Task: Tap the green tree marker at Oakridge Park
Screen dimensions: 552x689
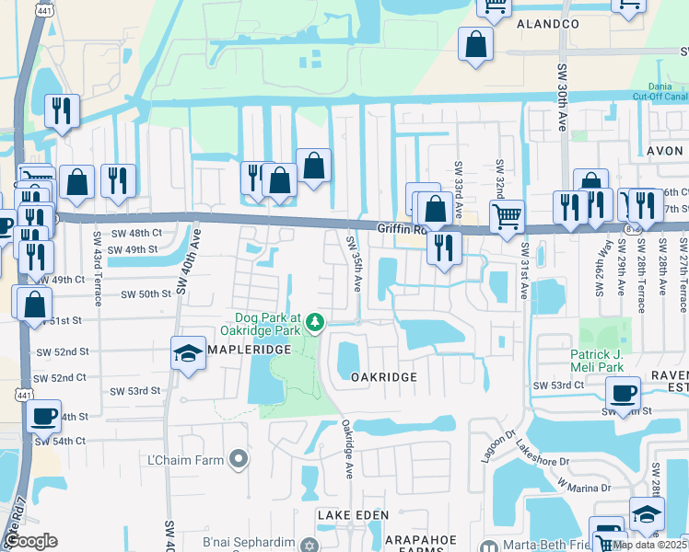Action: pyautogui.click(x=315, y=322)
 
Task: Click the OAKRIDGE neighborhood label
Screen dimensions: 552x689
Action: pyautogui.click(x=384, y=377)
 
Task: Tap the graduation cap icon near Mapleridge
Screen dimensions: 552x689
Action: pyautogui.click(x=187, y=354)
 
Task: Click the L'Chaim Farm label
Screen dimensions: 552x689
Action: pyautogui.click(x=187, y=459)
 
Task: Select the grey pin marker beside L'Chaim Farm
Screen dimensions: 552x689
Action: pyautogui.click(x=239, y=458)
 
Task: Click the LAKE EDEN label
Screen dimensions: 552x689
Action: pyautogui.click(x=353, y=515)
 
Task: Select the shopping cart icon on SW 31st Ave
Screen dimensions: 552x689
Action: pyautogui.click(x=507, y=217)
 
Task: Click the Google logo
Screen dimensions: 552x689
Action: pyautogui.click(x=31, y=542)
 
